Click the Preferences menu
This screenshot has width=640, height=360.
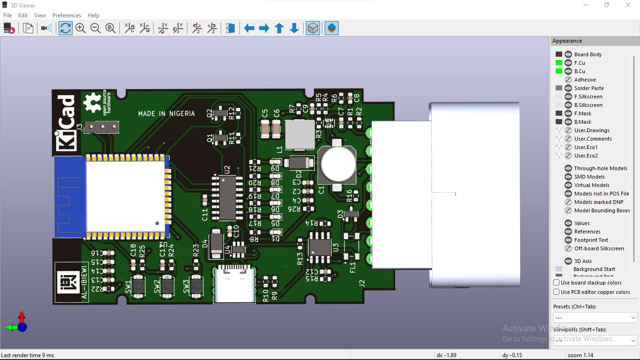tap(67, 15)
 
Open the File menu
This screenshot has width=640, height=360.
tap(7, 15)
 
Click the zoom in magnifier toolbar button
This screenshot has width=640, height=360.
tap(81, 29)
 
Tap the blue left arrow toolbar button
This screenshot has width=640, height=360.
tap(249, 29)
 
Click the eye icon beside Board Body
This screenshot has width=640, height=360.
tap(568, 54)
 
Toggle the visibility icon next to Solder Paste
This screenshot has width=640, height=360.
tap(568, 88)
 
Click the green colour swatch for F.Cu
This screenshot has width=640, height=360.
tap(559, 63)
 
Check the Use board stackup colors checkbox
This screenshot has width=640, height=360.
tap(557, 283)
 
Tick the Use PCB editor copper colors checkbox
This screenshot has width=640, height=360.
tap(557, 292)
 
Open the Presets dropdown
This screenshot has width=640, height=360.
tap(595, 318)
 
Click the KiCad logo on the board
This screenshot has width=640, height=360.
tap(66, 123)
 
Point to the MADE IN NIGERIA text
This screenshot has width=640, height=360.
tap(166, 113)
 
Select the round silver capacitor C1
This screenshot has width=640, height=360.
tap(337, 164)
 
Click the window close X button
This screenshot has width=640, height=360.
tap(628, 5)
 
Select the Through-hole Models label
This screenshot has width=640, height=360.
tap(601, 168)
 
